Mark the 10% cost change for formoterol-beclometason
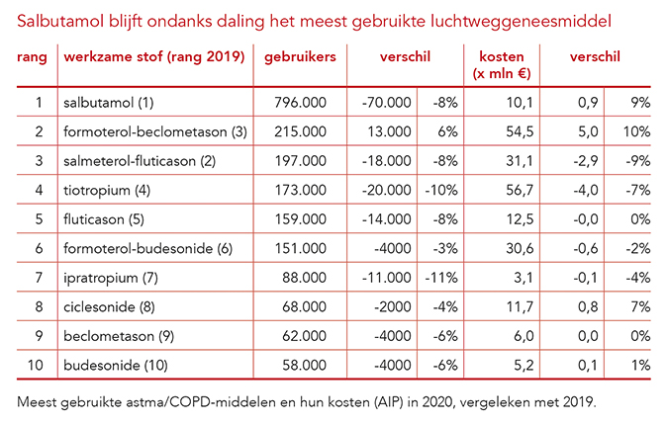(x=636, y=130)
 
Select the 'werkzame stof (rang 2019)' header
(x=153, y=56)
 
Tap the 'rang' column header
(x=33, y=56)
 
